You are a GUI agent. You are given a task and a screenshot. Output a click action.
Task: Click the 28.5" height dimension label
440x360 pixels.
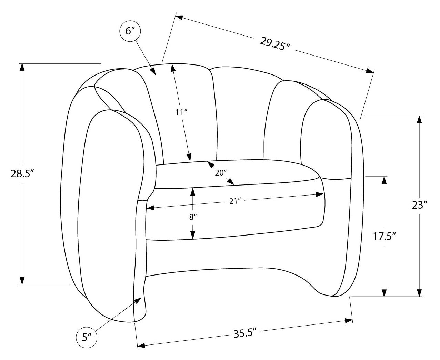[22, 174]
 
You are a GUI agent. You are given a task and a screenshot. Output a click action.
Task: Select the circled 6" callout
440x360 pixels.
[130, 31]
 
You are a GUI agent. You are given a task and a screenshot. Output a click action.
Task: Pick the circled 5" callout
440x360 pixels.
[87, 337]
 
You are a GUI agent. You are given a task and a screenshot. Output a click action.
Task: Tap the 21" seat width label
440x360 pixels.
[235, 201]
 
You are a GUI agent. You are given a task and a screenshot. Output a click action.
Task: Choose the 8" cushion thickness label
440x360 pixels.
[193, 218]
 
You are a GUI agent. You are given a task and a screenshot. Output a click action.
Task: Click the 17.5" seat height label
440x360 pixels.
[384, 237]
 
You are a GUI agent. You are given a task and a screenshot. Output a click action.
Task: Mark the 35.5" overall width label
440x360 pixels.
[245, 333]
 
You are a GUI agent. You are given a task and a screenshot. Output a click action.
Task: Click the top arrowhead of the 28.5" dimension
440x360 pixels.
[22, 67]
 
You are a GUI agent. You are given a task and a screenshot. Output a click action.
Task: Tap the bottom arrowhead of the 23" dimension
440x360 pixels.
[420, 292]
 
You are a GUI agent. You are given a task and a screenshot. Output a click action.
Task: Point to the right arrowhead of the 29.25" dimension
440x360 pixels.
[370, 71]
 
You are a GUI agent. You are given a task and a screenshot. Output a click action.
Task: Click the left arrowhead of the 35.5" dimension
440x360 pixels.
[141, 346]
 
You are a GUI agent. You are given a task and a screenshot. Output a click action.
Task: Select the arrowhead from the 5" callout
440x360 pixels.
[138, 301]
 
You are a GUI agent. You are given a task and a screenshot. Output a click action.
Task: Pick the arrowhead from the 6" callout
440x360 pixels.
[153, 72]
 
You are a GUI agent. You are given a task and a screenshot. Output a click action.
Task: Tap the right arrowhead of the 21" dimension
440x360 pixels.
[320, 194]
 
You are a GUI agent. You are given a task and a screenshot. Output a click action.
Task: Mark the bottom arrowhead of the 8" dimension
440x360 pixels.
[193, 235]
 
